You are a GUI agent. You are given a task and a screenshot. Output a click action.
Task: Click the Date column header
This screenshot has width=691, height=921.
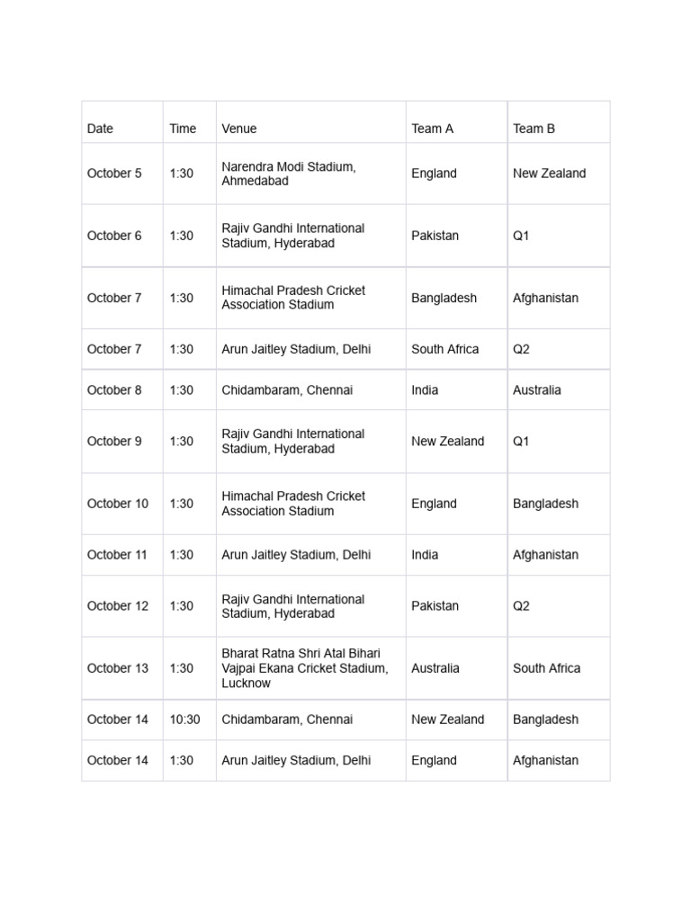100,129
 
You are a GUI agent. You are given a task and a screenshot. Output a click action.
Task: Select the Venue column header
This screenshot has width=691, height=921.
239,129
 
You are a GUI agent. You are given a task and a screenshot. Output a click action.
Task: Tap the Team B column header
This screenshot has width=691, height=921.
534,129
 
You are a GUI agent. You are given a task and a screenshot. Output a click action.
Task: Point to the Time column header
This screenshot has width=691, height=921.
183,129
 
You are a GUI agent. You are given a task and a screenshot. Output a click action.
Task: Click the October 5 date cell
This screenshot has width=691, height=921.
114,174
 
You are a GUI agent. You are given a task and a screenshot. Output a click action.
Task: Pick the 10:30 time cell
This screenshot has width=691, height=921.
184,720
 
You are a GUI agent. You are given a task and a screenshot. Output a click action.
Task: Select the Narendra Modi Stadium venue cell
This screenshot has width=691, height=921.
289,174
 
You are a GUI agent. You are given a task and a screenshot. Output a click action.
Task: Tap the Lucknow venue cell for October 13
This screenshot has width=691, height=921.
305,668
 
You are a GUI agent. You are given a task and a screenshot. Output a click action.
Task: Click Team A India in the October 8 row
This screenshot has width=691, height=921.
425,390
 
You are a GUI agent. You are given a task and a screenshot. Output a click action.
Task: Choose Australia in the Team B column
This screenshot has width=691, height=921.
536,390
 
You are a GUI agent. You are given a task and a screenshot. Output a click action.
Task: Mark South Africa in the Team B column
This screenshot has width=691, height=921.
546,668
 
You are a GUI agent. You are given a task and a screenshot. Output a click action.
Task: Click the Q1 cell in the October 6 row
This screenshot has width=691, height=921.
522,236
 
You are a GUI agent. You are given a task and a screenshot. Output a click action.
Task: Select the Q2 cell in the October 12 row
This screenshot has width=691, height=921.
522,606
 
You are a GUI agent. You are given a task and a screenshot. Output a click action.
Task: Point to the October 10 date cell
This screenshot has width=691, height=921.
118,504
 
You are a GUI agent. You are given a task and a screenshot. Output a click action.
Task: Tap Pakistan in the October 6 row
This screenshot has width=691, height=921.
435,236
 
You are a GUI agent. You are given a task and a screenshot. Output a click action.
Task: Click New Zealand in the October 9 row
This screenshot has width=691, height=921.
447,442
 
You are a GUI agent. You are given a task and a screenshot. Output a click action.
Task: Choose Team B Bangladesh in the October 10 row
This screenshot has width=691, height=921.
545,504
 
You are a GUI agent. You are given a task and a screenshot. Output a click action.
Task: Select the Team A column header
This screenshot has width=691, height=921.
432,129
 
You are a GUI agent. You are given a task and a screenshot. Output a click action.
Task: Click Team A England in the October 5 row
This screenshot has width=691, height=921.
434,174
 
